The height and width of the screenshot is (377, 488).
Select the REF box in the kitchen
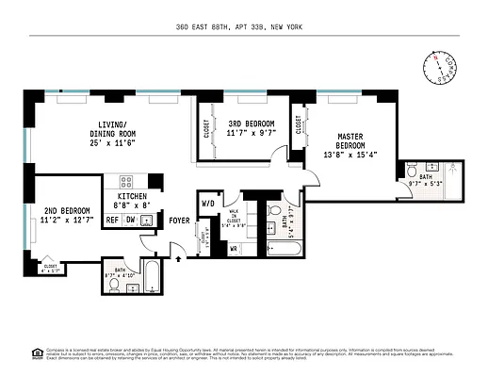pos(112,220)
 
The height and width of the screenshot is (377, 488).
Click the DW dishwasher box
pos(131,220)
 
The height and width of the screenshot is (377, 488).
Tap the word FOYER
pos(179,221)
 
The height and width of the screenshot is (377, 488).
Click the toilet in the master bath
pos(413,171)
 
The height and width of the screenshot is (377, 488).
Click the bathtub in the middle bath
pos(284,250)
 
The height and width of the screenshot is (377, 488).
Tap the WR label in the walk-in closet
pos(233,248)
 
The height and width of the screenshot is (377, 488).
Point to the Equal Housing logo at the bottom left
pos(37,352)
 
